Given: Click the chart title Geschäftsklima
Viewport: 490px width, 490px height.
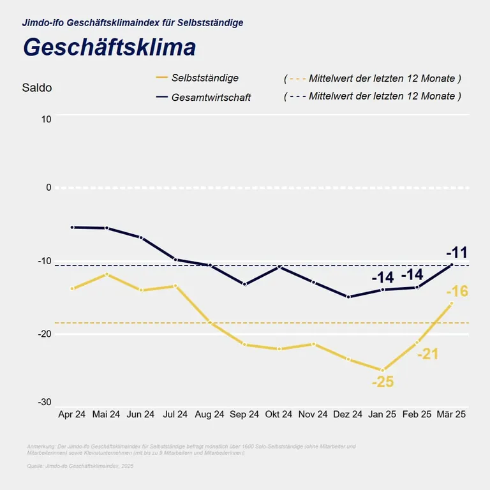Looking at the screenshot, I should [109, 48].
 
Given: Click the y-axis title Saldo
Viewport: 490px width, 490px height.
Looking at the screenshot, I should [37, 88].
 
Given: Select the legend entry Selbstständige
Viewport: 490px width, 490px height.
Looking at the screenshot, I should [205, 78].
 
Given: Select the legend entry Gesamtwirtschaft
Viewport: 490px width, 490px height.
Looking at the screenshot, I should [211, 97].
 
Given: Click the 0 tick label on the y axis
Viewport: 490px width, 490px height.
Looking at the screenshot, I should [48, 188].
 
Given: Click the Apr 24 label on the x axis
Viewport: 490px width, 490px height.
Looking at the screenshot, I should [71, 414].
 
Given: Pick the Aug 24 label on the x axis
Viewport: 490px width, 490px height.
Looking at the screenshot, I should [210, 414].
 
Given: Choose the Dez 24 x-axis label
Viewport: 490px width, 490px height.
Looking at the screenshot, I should [348, 414].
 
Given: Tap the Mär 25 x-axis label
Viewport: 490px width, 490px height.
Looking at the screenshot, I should [451, 414].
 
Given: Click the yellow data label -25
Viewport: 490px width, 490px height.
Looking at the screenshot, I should [383, 382].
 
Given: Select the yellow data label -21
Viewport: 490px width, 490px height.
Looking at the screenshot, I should [427, 353].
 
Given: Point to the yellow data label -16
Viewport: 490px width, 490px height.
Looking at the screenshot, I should [458, 292].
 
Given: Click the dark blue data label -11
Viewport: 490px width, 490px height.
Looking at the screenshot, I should [457, 251].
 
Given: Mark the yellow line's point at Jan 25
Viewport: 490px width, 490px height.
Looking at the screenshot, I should [383, 370].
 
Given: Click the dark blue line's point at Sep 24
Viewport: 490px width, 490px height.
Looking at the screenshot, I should [244, 284].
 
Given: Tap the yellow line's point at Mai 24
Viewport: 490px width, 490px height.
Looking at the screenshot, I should [107, 274].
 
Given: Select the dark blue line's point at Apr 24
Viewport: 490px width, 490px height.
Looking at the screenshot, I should [72, 227].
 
